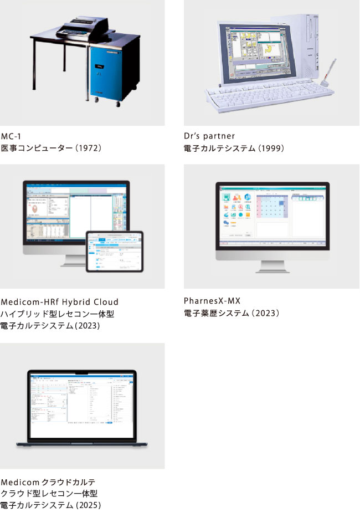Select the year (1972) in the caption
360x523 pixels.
(x=88, y=148)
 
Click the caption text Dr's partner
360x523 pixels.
(x=210, y=136)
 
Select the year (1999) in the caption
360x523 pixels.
(x=270, y=148)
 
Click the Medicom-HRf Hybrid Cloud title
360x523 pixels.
(x=60, y=302)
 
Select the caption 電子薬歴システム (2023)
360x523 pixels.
(x=232, y=314)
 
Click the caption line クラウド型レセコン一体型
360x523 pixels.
(x=49, y=493)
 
